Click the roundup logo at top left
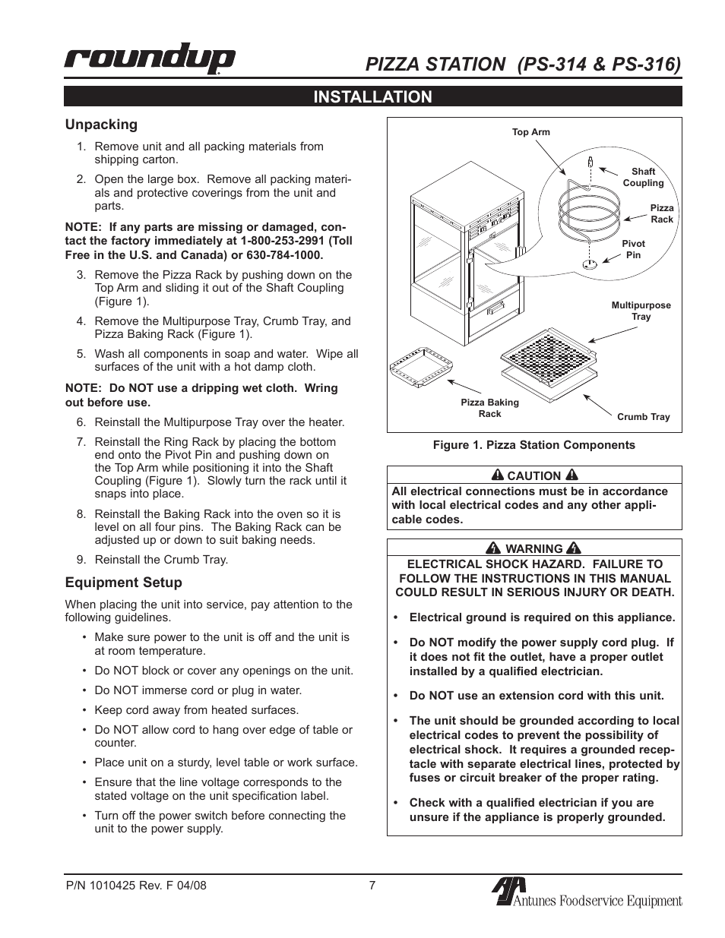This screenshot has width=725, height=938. pos(150,59)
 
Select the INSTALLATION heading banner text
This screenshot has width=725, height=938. pos(372,96)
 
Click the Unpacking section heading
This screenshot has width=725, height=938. pos(101,125)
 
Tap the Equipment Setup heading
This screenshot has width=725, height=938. pos(123,583)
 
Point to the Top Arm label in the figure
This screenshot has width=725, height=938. pos(530,132)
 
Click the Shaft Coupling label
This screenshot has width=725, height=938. pos(643,177)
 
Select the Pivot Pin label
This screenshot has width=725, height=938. pos(633,249)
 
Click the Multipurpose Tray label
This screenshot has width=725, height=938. pos(641,311)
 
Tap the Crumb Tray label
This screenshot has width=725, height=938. pos(643,417)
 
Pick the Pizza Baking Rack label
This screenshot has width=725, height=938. pos(489,408)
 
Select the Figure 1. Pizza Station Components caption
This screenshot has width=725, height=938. pos(533,445)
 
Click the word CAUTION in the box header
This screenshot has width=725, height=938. pos(533,475)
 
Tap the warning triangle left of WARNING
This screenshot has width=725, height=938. pos(493,548)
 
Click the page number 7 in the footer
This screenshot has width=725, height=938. pos(372,885)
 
